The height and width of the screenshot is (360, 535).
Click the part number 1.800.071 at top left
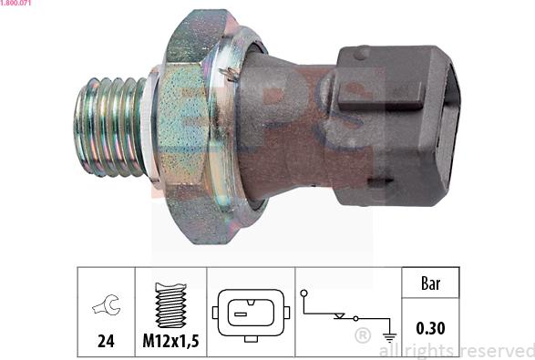[x=15, y=3]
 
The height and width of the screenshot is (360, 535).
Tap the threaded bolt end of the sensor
[x=110, y=127]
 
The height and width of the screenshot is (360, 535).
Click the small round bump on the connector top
[x=362, y=53]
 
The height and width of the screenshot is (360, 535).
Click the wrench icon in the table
[x=107, y=304]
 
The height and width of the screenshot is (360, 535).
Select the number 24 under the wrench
[x=106, y=341]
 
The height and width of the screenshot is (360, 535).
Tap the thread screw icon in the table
[x=171, y=305]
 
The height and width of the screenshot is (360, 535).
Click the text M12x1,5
[x=170, y=341]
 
